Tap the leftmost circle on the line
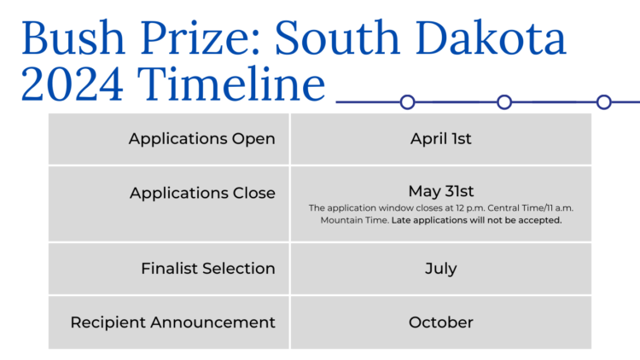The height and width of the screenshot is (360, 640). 408,102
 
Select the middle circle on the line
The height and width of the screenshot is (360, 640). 504,102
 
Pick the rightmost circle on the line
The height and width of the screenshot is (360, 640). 604,102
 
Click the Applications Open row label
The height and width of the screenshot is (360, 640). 201,138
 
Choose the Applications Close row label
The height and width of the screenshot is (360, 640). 202,193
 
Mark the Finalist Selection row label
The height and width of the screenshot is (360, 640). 208,269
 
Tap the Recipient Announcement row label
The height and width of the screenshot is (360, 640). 172,322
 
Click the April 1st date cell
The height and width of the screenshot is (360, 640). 440,138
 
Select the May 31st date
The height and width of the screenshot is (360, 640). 440,191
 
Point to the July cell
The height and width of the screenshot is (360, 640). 440,269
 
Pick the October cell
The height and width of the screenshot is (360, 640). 440,322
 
